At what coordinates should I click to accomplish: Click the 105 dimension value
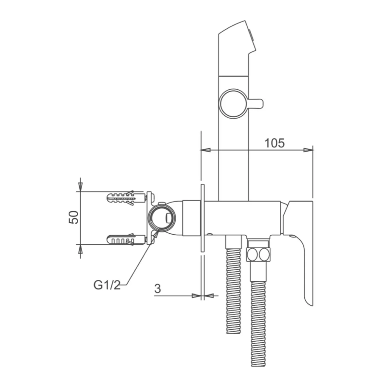pyautogui.click(x=274, y=143)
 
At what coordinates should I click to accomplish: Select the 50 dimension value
pyautogui.click(x=73, y=217)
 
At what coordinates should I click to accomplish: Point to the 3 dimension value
pyautogui.click(x=157, y=289)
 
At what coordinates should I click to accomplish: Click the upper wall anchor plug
pyautogui.click(x=126, y=197)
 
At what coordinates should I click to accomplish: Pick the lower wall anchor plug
pyautogui.click(x=126, y=239)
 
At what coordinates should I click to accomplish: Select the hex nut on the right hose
pyautogui.click(x=258, y=254)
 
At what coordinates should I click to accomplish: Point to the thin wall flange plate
pyautogui.click(x=203, y=218)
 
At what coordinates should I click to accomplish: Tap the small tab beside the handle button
pyautogui.click(x=256, y=103)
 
